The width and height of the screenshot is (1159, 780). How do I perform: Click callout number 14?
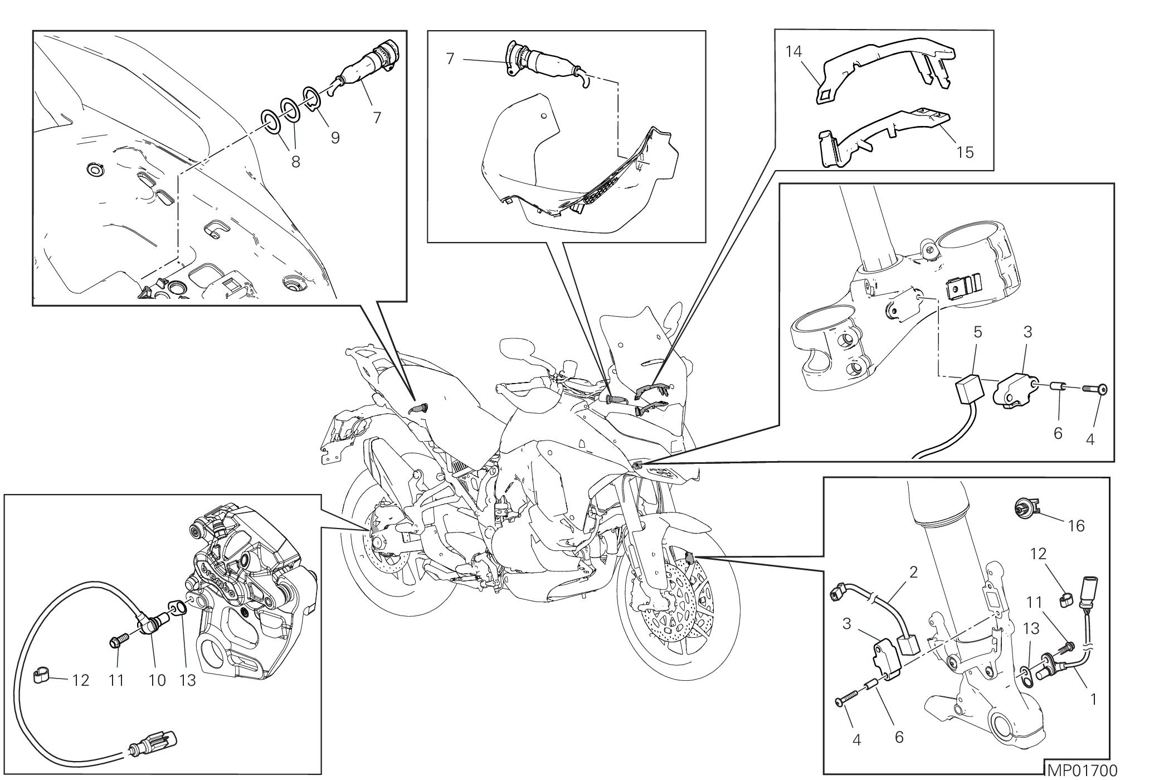793,52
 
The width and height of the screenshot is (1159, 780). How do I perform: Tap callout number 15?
965,152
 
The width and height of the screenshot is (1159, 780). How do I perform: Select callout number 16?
1077,526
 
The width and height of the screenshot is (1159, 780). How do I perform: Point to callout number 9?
335,137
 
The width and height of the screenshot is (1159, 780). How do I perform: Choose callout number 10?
158,680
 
